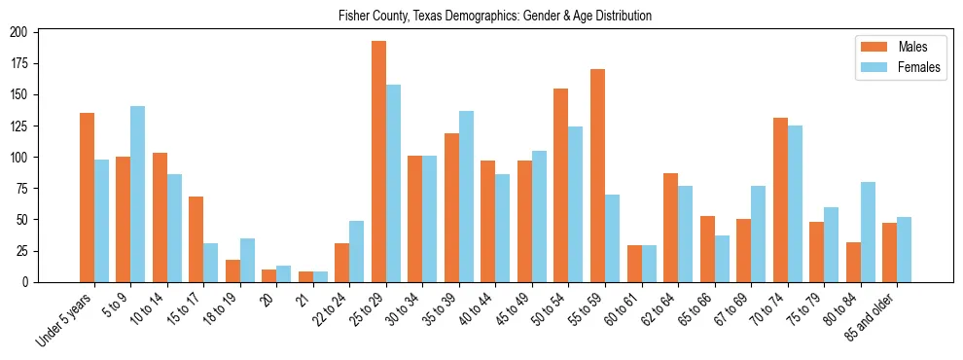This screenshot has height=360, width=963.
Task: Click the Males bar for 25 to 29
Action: (378, 162)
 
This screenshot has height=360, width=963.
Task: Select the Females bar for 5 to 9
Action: (137, 194)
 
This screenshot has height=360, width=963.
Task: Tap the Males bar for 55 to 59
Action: (597, 175)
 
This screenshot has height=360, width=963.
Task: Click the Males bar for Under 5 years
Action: (87, 198)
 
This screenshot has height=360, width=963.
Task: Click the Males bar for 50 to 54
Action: (561, 185)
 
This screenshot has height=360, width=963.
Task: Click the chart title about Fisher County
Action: (495, 16)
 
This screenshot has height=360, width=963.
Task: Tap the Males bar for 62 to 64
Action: (670, 228)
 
